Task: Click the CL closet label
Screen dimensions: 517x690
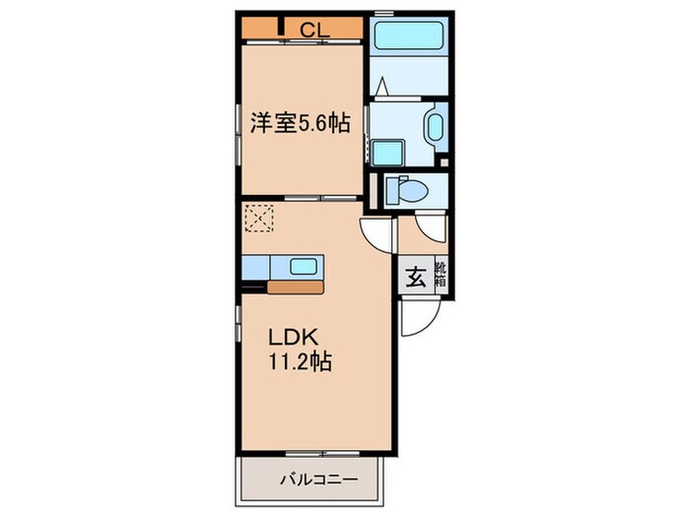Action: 314,30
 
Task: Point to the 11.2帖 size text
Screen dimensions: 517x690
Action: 300,361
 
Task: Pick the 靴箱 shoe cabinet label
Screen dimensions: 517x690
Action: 439,277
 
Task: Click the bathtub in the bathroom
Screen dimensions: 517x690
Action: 407,38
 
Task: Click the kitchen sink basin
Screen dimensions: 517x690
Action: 304,266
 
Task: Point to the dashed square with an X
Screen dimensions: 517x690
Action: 259,218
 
